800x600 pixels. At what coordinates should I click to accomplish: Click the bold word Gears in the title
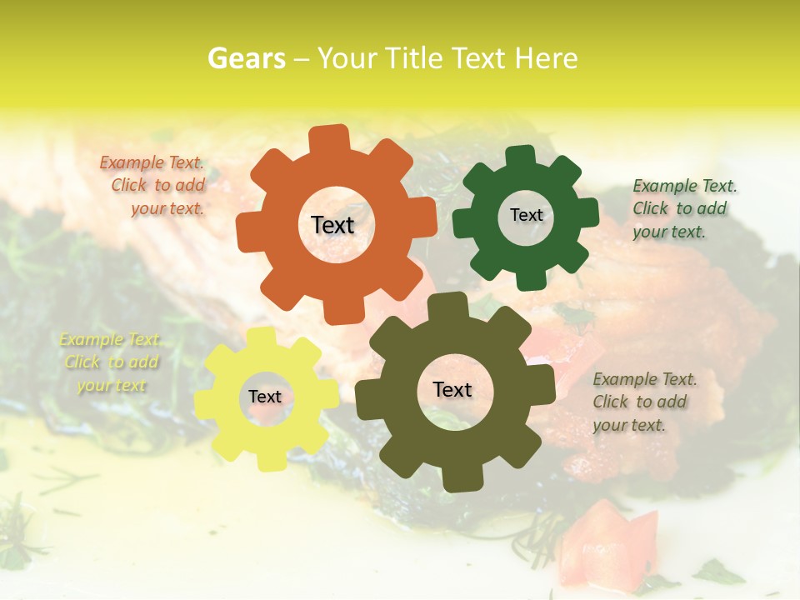pos(246,58)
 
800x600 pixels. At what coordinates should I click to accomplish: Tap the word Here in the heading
pos(546,58)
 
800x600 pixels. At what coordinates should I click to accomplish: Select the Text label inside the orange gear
pos(332,225)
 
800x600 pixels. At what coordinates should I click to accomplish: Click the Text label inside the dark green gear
pos(526,215)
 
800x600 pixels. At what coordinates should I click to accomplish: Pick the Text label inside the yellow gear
pos(265,397)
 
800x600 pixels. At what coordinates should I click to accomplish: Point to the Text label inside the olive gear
pos(452,389)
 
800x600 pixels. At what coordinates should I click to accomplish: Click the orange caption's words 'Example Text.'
pos(152,163)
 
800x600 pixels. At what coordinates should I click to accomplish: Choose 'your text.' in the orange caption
pos(167,208)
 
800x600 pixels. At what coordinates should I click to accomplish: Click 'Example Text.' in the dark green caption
pos(685,186)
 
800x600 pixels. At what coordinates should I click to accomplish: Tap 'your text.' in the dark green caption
pos(668,232)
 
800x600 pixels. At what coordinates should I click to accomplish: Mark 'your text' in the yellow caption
pos(112,385)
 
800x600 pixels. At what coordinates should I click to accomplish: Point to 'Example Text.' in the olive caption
pos(645,379)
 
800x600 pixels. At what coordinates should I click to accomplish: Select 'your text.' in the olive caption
pos(629,425)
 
